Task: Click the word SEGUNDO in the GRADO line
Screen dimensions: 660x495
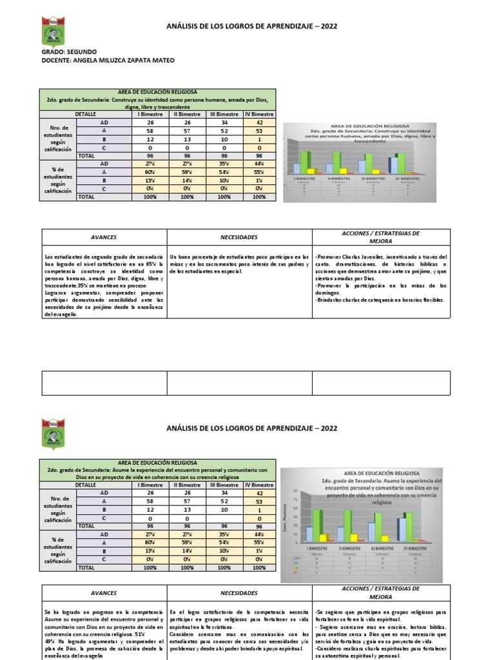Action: point(81,51)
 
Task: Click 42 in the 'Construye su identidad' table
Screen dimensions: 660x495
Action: point(259,122)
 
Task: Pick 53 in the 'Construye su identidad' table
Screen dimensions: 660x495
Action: point(259,131)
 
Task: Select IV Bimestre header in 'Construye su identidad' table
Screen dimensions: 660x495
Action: point(259,114)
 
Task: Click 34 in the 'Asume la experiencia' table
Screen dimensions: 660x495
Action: point(224,493)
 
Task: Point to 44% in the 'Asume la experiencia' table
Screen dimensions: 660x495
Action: point(259,534)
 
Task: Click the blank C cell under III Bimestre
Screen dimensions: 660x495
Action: point(224,518)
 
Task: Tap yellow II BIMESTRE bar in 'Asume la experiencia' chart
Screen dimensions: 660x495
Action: point(353,537)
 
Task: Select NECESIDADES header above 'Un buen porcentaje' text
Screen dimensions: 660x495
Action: point(238,237)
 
